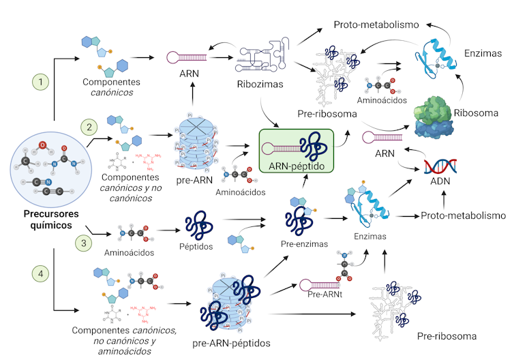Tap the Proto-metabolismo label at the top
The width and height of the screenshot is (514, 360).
(376, 25)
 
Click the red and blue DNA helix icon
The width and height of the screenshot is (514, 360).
(440, 166)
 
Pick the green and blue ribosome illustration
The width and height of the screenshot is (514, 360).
(446, 116)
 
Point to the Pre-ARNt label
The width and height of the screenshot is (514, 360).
(324, 294)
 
